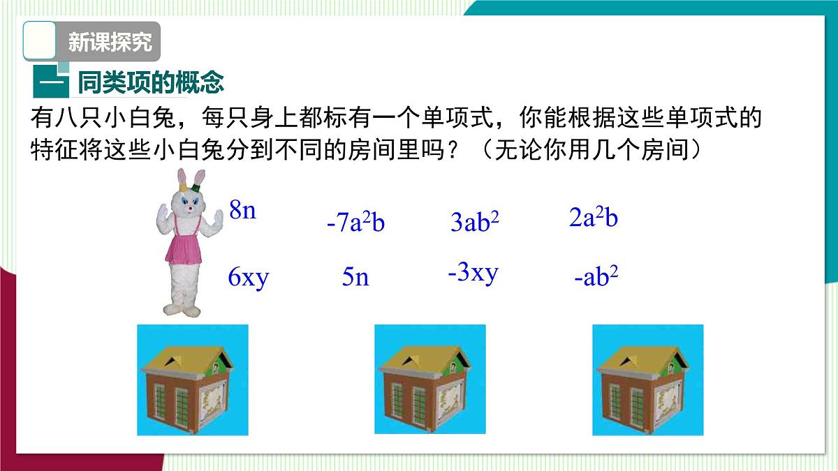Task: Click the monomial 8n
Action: (x=242, y=210)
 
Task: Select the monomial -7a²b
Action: (x=355, y=223)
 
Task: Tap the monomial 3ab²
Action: (x=475, y=223)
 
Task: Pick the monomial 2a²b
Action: (x=594, y=218)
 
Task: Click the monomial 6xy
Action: (x=249, y=278)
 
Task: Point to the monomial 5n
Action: (x=355, y=278)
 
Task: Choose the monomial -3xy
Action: (x=473, y=272)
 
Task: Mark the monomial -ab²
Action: (x=596, y=277)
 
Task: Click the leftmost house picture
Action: (x=192, y=380)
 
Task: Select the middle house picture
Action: (x=429, y=380)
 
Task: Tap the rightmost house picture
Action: (x=647, y=380)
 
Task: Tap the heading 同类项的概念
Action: (x=150, y=83)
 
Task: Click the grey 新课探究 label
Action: (x=110, y=42)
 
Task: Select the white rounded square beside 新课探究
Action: (x=40, y=40)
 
